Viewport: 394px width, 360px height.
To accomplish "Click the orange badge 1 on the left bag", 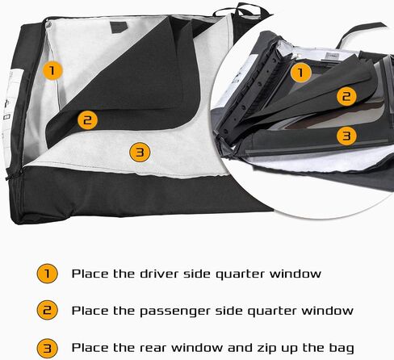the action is pos(52,70).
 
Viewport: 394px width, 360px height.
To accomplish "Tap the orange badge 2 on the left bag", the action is pos(87,119).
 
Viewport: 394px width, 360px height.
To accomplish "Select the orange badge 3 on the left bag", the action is pos(140,152).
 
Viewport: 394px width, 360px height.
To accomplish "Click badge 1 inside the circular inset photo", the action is pos(300,73).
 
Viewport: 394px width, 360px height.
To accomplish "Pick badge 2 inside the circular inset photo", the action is pos(346,96).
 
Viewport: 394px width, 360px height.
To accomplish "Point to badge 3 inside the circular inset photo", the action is pos(346,136).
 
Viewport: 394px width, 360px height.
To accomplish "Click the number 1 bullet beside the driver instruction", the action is pos(47,274).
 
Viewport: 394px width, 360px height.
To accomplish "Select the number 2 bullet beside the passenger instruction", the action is pos(47,310).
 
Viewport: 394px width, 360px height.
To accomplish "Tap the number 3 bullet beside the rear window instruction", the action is pos(47,348).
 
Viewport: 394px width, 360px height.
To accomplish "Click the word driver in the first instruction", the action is pos(159,274).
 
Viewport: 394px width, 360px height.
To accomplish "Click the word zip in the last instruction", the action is pos(266,348).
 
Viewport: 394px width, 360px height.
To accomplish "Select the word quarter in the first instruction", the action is pos(240,274).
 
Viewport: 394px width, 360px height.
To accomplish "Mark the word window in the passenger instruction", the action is pos(327,311).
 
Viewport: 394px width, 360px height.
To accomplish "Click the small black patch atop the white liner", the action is pos(119,27).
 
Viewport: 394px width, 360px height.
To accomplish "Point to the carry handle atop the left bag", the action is pos(237,10).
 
